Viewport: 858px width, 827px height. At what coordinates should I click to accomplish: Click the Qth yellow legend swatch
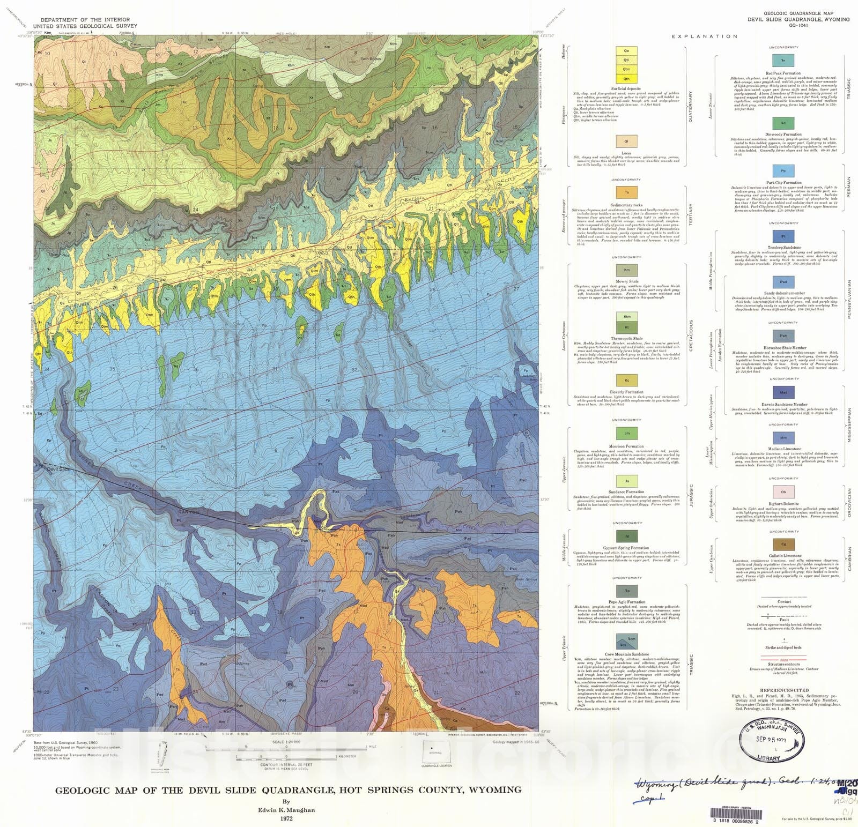point(626,79)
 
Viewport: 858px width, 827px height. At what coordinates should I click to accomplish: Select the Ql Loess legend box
point(626,141)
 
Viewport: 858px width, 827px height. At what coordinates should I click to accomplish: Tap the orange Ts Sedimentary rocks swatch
point(626,192)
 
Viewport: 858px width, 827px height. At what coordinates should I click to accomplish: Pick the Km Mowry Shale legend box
point(626,270)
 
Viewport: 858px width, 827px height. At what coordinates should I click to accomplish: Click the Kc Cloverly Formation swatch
point(626,381)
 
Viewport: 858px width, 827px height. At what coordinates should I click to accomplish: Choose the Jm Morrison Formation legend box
point(626,434)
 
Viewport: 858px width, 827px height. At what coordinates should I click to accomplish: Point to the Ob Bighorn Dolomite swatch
point(783,491)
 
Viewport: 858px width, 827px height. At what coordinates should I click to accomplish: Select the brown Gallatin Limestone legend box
point(783,545)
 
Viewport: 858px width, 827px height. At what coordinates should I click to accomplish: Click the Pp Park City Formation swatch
point(783,172)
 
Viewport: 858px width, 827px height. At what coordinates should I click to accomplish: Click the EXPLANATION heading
point(705,36)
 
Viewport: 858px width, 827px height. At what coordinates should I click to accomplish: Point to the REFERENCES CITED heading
point(783,690)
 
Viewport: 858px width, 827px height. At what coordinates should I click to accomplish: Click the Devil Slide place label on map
point(58,469)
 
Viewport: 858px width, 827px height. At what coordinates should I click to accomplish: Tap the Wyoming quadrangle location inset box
point(435,753)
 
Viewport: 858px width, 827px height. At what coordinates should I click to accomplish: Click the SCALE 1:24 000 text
point(286,742)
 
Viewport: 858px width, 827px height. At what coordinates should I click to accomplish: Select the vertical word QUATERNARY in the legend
point(691,107)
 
